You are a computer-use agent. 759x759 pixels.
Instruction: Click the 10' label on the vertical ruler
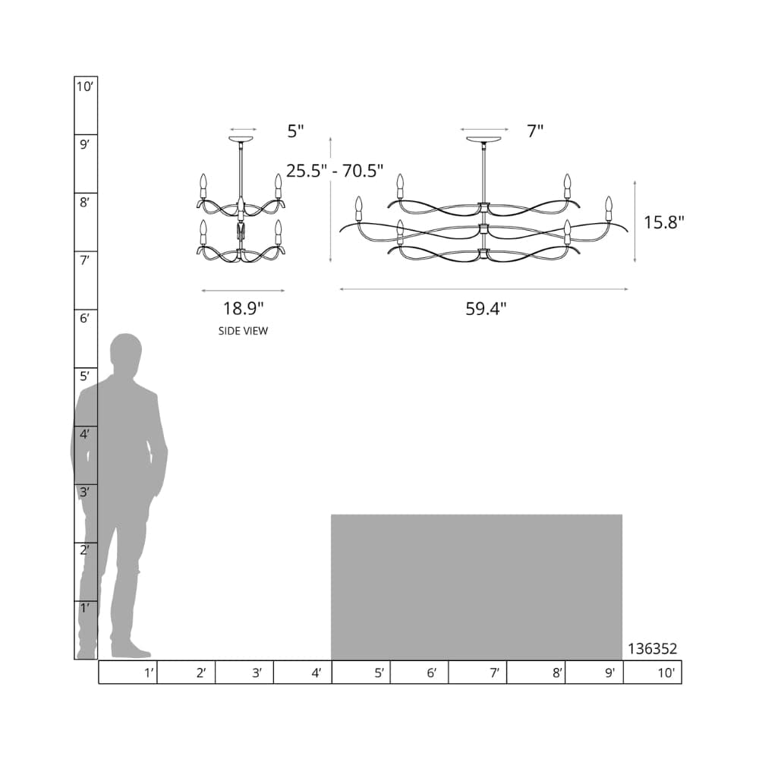(85, 87)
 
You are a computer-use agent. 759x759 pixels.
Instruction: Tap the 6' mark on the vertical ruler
(85, 319)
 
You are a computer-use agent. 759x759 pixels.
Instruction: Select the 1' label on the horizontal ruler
(149, 672)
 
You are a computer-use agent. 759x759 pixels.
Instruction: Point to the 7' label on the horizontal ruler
(494, 672)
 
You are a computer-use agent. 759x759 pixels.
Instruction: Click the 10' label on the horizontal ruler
(666, 672)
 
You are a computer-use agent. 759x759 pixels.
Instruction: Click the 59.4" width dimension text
(486, 309)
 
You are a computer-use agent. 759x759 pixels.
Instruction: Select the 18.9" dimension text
(243, 308)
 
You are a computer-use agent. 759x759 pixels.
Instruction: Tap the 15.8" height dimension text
(663, 222)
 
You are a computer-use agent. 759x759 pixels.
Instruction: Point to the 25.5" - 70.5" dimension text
(335, 171)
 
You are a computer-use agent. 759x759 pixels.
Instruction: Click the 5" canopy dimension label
(295, 131)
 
